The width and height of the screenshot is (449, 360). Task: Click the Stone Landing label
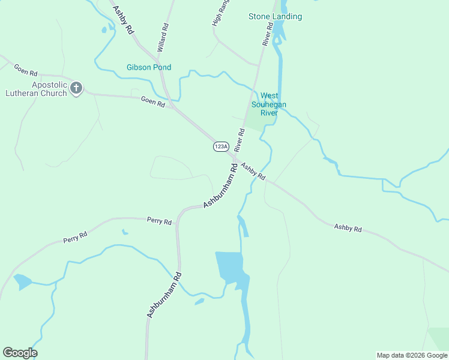[x=275, y=16]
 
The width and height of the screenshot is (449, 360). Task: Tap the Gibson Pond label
[x=149, y=67]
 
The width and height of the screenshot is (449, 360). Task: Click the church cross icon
[x=76, y=89]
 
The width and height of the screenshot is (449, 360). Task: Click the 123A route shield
[x=221, y=146]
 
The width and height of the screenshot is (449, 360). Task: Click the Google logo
[x=20, y=353]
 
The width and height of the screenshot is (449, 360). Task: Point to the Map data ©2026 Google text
[x=412, y=355]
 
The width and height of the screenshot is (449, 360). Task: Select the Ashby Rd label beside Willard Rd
[x=122, y=21]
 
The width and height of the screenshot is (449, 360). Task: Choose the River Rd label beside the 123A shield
[x=240, y=139]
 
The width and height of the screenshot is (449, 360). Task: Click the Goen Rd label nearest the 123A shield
[x=152, y=102]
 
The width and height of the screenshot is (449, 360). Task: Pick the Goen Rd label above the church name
[x=26, y=70]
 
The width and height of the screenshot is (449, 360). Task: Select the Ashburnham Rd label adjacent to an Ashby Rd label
[x=221, y=186]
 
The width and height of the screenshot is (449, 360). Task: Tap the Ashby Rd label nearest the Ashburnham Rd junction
[x=253, y=171]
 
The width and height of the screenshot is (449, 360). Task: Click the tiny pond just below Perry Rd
[x=124, y=232]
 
